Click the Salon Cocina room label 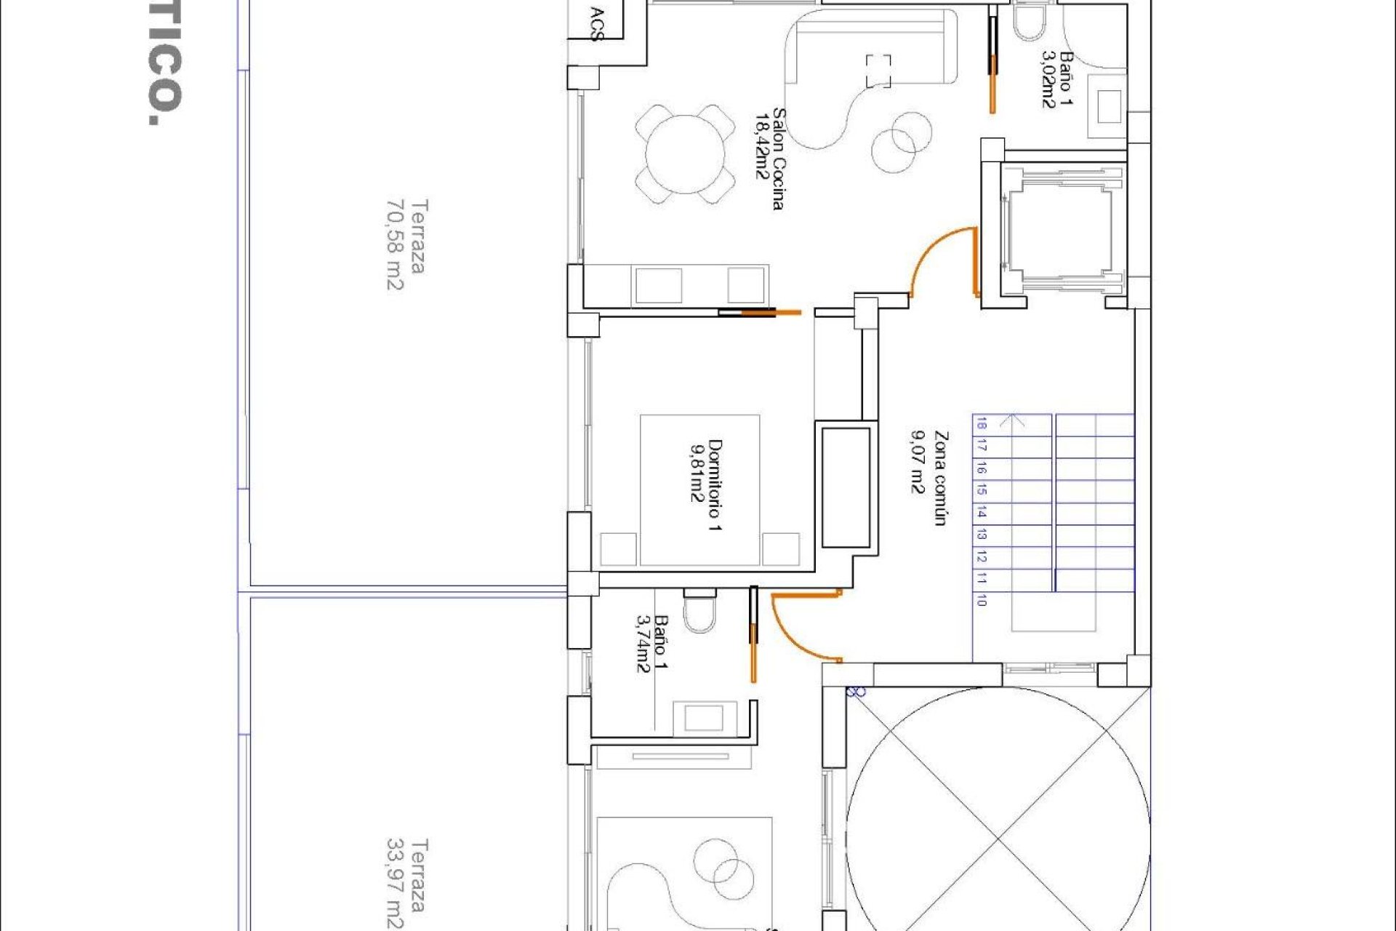click(x=778, y=159)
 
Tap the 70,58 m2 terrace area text click(x=394, y=245)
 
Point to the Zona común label click(x=941, y=478)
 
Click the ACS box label click(x=597, y=24)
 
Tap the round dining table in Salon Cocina click(x=685, y=154)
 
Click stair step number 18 click(x=982, y=424)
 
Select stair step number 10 click(x=982, y=600)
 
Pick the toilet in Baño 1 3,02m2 click(x=1028, y=22)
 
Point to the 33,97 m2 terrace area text click(x=394, y=884)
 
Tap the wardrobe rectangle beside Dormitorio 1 click(x=846, y=487)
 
